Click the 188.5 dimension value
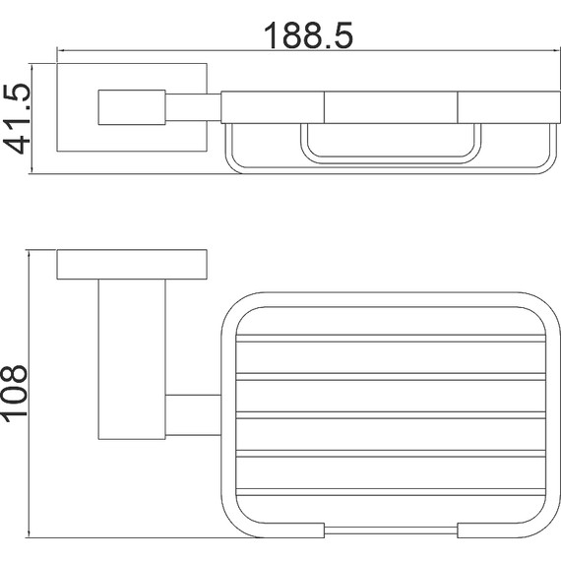(x=308, y=35)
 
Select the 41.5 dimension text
(x=17, y=119)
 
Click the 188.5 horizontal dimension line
(x=308, y=50)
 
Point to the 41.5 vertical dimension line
(x=32, y=119)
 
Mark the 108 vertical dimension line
(x=29, y=394)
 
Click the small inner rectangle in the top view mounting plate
(x=132, y=107)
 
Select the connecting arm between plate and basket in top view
(x=193, y=107)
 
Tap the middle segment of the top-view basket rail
(x=391, y=107)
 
